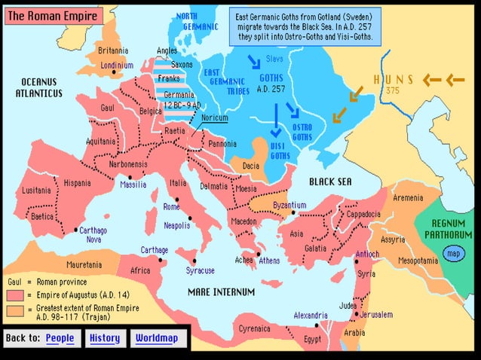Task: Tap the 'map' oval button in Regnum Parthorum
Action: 453,254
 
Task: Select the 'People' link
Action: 60,338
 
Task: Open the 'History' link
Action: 105,338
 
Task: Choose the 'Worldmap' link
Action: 157,338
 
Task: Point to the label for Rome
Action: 171,207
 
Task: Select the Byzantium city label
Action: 289,205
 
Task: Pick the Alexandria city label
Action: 310,315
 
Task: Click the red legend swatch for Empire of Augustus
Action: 14,295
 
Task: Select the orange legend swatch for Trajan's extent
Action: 14,309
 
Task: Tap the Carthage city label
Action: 154,249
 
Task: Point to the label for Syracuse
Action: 201,270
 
